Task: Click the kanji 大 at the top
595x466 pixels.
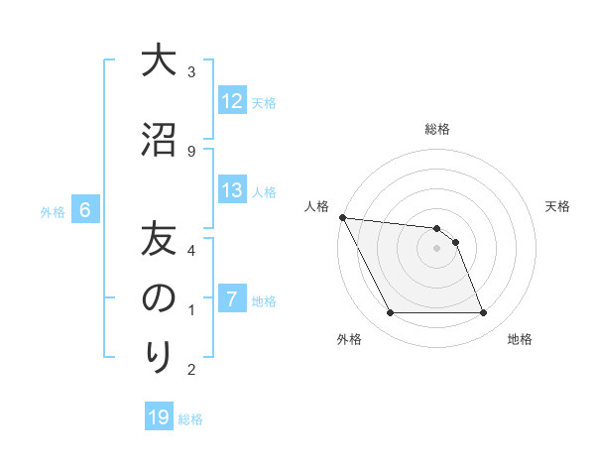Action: coord(158,61)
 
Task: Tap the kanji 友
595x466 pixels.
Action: coord(158,239)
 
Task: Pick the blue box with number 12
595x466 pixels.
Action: coord(232,101)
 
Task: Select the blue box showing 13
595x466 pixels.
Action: coord(232,191)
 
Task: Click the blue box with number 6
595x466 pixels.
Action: coord(85,210)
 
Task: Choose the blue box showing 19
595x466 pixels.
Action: coord(159,417)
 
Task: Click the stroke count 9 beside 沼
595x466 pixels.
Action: coord(191,151)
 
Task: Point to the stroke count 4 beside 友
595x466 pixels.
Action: coord(191,250)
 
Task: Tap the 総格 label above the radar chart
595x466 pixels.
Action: coord(437,129)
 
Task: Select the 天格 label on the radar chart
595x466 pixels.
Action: coord(558,206)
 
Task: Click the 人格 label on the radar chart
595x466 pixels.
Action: coord(316,206)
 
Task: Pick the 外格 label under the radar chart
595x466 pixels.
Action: coord(348,339)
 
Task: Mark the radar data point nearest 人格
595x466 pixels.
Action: coord(342,217)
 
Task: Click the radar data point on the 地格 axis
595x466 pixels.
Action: coord(483,313)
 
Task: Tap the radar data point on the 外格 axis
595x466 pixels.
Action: coord(390,313)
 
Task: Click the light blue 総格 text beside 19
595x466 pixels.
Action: coord(190,419)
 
